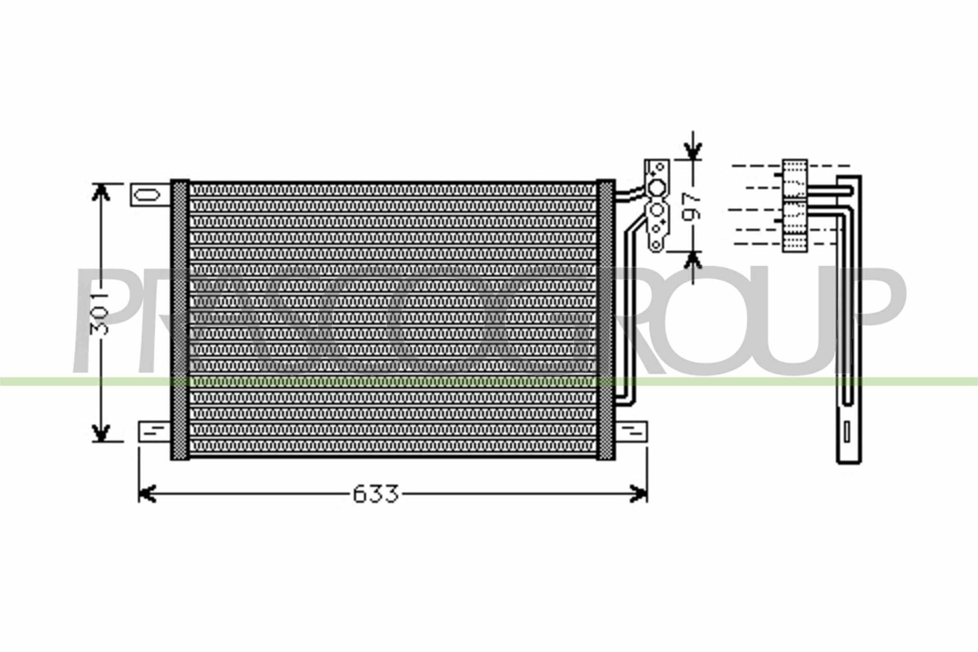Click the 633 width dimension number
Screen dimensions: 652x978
click(375, 494)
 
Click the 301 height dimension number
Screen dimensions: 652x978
click(100, 314)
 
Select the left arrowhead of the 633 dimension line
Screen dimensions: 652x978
click(146, 493)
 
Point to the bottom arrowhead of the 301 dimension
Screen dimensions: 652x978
click(101, 433)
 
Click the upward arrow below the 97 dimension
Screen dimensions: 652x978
click(693, 261)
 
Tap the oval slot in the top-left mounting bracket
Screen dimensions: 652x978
click(147, 195)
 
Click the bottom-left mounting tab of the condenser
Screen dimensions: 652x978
click(154, 432)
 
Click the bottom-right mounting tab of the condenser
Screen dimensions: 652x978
click(631, 432)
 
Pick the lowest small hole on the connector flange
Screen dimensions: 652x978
click(656, 244)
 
